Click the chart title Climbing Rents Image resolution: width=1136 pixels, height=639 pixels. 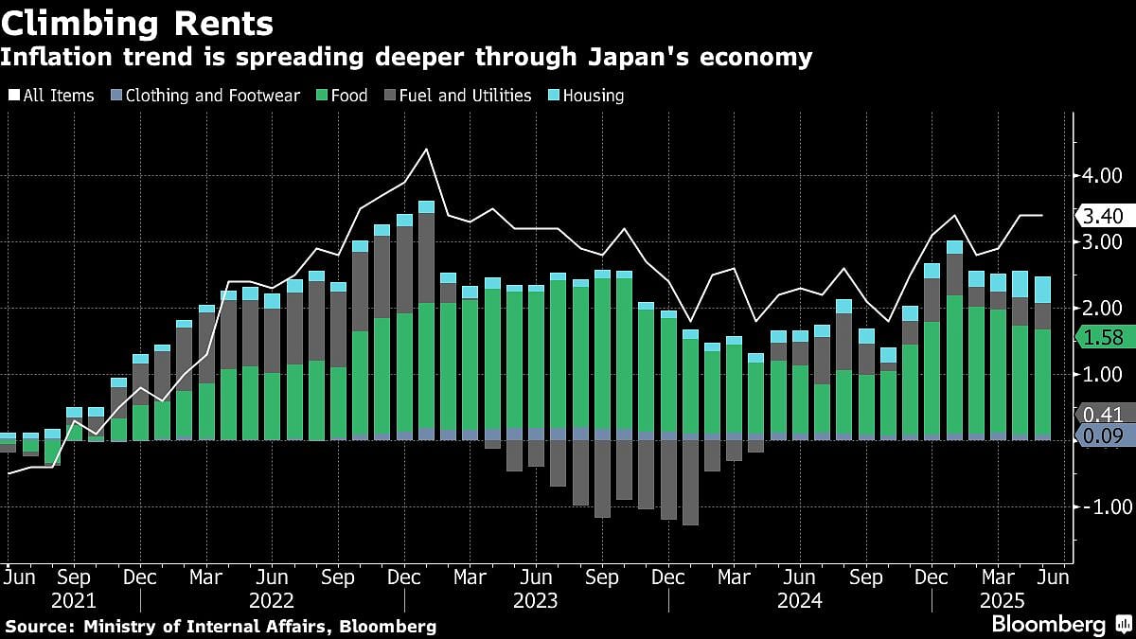[138, 22]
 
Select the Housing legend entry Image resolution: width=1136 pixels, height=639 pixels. [588, 96]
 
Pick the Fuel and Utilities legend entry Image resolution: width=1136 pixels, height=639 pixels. [457, 96]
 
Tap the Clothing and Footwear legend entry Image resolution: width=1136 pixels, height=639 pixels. [205, 96]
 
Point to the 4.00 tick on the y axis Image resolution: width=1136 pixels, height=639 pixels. [1103, 176]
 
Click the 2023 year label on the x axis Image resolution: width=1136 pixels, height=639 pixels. [536, 600]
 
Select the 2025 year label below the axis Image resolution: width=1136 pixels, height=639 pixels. [999, 600]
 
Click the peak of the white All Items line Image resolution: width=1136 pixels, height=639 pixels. [426, 150]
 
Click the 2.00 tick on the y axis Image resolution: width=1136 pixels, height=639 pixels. [1103, 309]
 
